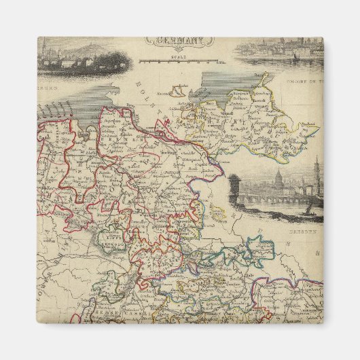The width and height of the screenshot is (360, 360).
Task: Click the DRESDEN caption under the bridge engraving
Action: click(307, 230)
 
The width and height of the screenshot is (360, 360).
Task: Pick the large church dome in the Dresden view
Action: click(277, 183)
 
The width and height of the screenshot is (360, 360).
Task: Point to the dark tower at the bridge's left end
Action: click(235, 187)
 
